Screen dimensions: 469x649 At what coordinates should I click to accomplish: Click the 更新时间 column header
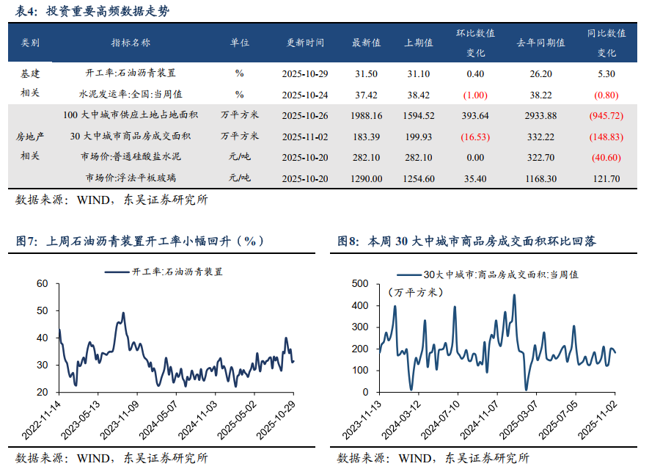(x=305, y=43)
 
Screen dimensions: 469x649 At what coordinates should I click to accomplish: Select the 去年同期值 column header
(x=540, y=43)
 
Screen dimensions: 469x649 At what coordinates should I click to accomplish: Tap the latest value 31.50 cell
(x=366, y=74)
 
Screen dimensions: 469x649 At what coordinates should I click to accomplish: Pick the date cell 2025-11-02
(x=305, y=137)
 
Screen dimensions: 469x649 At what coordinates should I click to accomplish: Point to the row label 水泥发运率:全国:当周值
(x=131, y=95)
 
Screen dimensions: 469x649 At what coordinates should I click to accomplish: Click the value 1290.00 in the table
(x=366, y=178)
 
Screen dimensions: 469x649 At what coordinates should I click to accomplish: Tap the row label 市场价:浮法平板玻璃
(x=131, y=178)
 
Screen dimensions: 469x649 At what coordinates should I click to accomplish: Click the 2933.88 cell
(x=540, y=116)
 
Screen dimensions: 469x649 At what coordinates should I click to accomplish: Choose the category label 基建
(x=30, y=74)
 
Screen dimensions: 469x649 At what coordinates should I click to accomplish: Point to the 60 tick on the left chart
(x=42, y=283)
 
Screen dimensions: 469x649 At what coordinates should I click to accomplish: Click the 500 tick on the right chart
(x=361, y=283)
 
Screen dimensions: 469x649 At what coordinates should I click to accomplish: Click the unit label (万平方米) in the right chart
(x=415, y=292)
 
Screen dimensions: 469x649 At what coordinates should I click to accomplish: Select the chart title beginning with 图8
(x=466, y=241)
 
